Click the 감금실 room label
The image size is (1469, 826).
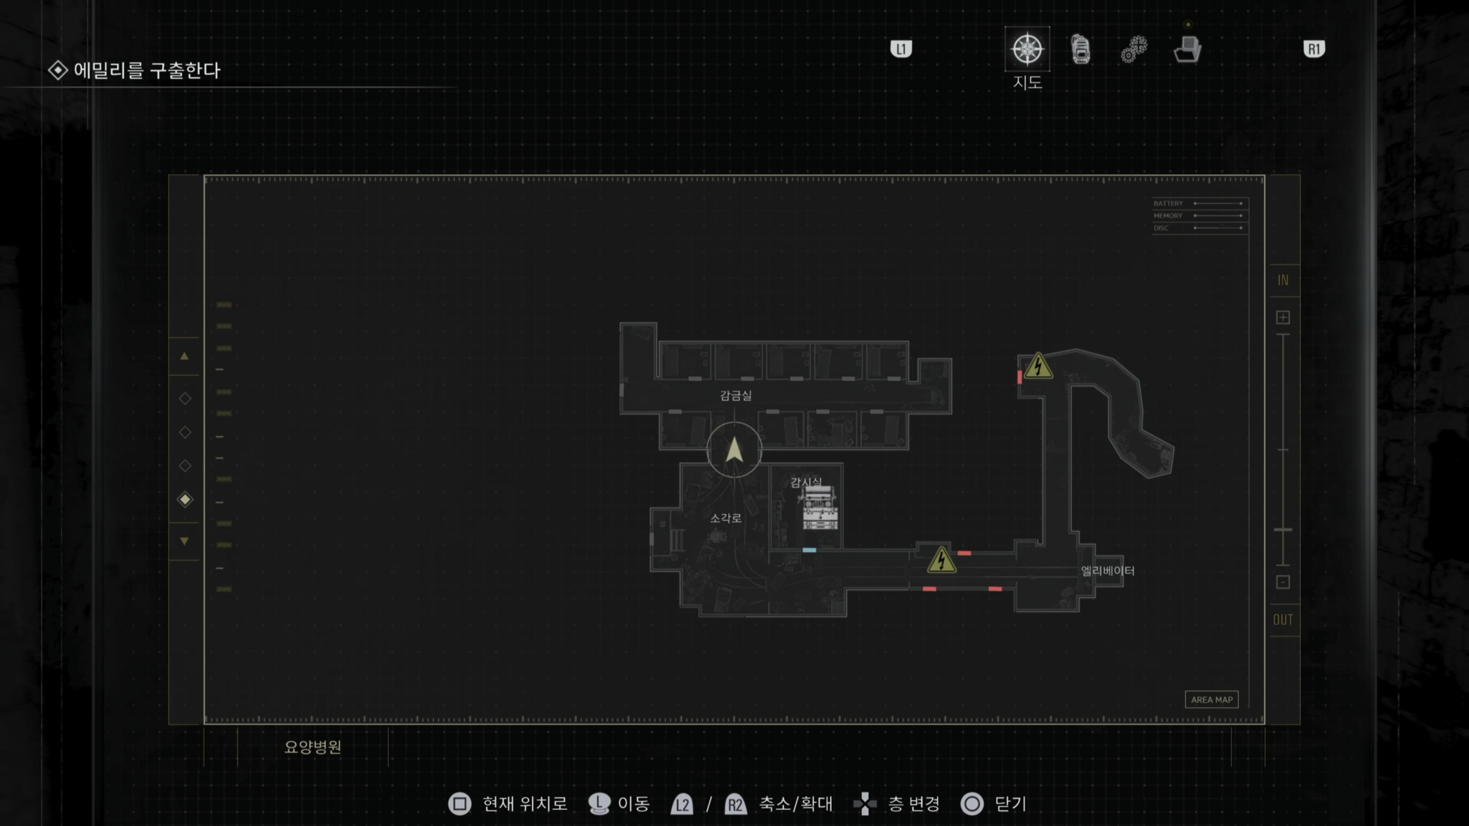736,395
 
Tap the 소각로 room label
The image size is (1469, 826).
725,518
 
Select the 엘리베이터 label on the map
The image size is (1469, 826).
1107,571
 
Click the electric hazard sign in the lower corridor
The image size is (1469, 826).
941,560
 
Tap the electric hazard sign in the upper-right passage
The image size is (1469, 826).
1038,366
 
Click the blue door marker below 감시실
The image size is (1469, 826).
809,550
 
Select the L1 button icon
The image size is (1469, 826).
901,49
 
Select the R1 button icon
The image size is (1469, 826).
1314,49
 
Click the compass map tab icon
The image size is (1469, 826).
1027,49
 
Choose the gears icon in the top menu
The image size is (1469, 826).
1134,49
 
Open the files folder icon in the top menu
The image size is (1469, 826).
1188,49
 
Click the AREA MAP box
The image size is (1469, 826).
1211,699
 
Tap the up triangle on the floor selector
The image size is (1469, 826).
184,356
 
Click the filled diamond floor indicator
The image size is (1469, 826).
185,499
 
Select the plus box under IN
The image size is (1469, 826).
1283,317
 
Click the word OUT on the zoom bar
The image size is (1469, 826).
1283,619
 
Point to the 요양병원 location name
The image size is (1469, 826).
313,747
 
